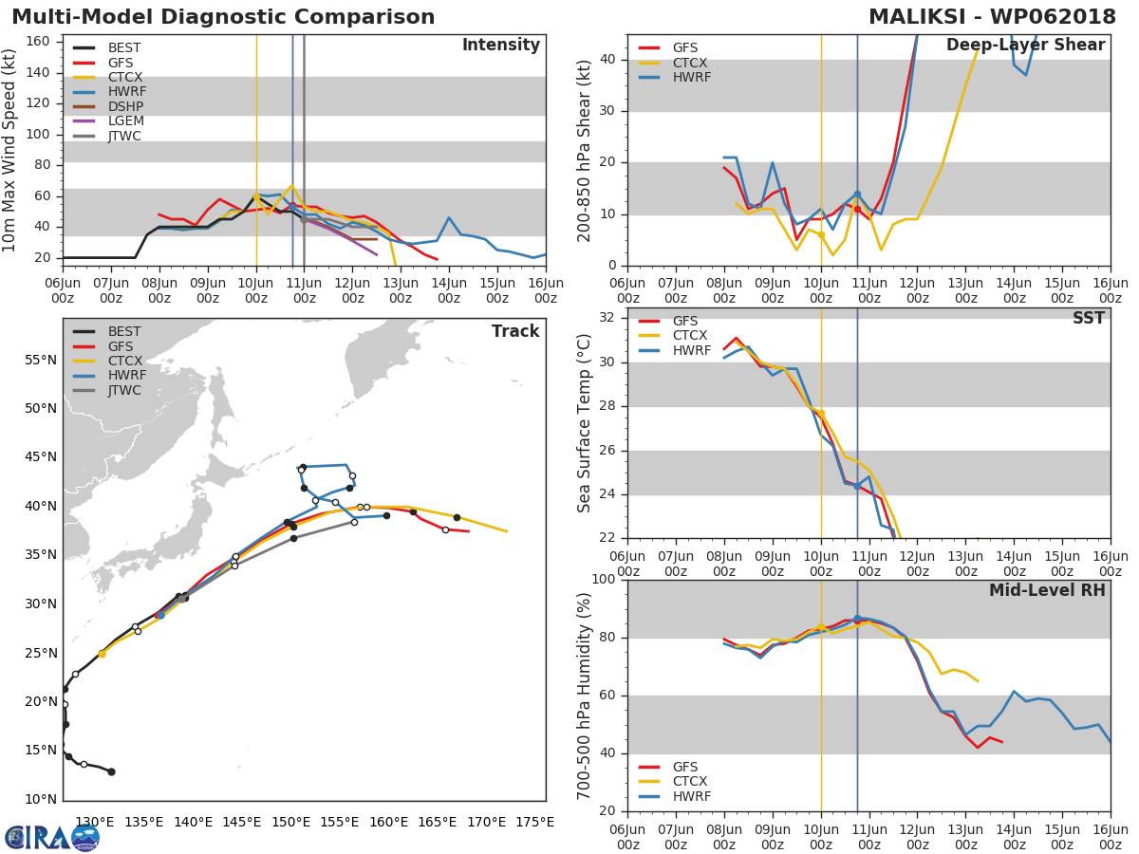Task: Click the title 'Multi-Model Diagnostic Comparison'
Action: pyautogui.click(x=223, y=17)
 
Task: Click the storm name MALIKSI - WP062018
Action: pyautogui.click(x=993, y=17)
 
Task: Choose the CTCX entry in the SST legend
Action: pyautogui.click(x=689, y=336)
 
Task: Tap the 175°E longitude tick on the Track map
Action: pyautogui.click(x=534, y=822)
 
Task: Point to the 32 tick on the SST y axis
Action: pyautogui.click(x=607, y=318)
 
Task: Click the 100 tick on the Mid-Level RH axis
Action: pyautogui.click(x=602, y=580)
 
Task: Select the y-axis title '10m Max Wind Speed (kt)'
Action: pyautogui.click(x=10, y=149)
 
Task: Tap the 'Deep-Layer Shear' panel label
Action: pyautogui.click(x=1025, y=46)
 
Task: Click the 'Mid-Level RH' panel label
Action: pyautogui.click(x=1047, y=590)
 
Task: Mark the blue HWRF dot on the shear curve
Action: pyautogui.click(x=857, y=195)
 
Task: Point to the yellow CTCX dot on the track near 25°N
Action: pyautogui.click(x=102, y=654)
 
